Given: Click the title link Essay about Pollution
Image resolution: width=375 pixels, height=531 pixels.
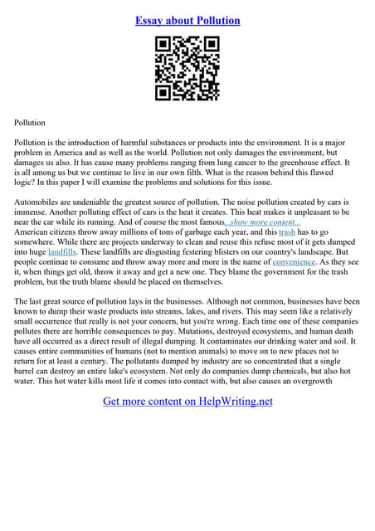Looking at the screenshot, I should pyautogui.click(x=187, y=20).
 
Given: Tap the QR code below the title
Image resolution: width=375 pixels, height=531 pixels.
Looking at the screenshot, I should pyautogui.click(x=187, y=69).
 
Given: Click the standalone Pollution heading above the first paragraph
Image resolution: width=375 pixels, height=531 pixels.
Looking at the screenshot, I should pyautogui.click(x=30, y=123).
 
